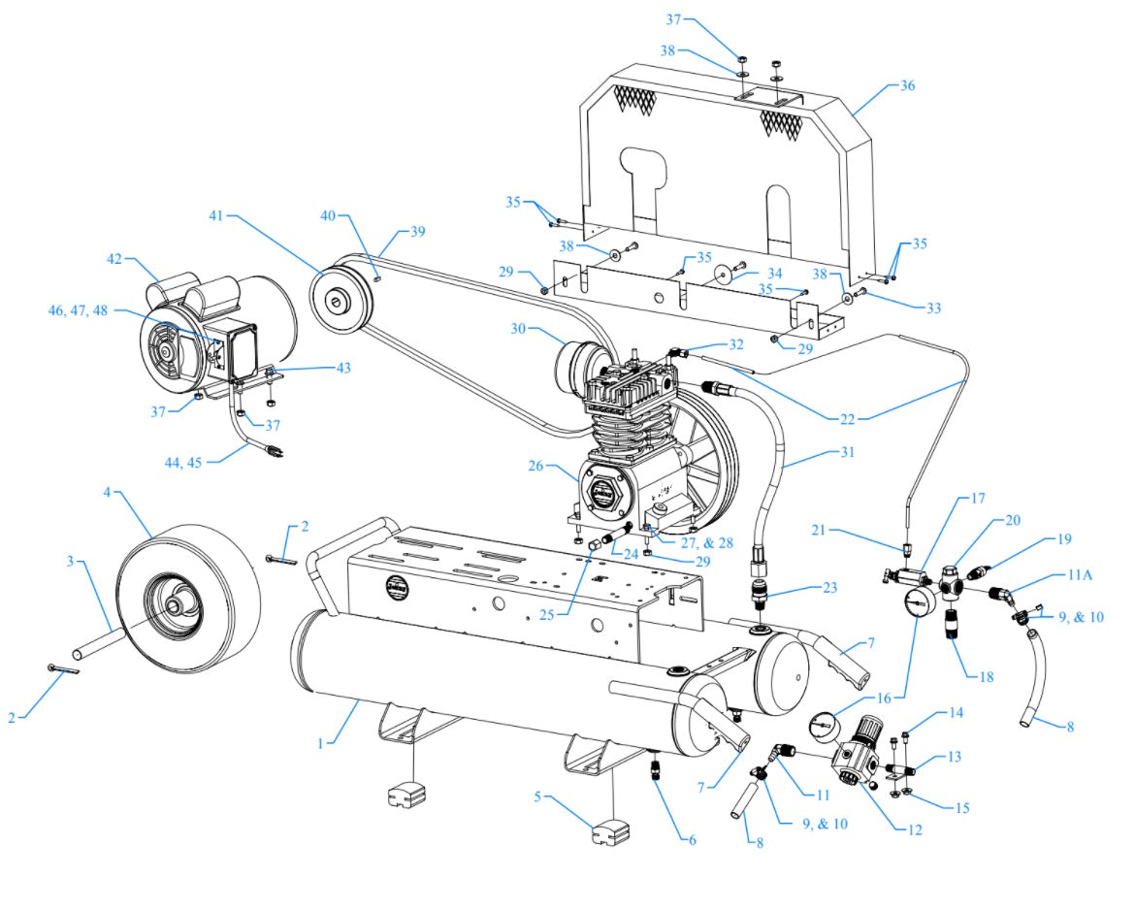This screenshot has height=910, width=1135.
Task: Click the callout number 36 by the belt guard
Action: coord(908,85)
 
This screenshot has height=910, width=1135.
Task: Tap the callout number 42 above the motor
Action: coord(115,260)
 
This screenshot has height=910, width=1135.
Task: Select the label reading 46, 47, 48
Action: coord(81,310)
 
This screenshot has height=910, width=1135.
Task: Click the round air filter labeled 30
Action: coord(576,367)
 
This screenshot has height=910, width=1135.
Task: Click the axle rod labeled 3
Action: coord(97,639)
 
